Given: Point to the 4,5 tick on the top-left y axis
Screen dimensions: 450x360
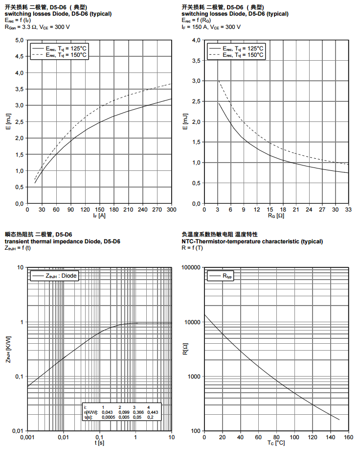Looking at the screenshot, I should [x=19, y=57].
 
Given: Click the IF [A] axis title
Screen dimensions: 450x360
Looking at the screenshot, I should [x=99, y=215].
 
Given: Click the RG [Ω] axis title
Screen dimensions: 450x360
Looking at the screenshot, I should [x=276, y=215].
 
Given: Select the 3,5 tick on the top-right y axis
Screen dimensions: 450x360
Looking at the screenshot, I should [x=196, y=61].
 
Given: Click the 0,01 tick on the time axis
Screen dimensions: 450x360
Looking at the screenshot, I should [x=63, y=436].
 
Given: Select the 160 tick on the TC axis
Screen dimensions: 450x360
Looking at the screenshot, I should [x=348, y=436].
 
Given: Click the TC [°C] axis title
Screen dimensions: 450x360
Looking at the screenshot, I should [x=276, y=443].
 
